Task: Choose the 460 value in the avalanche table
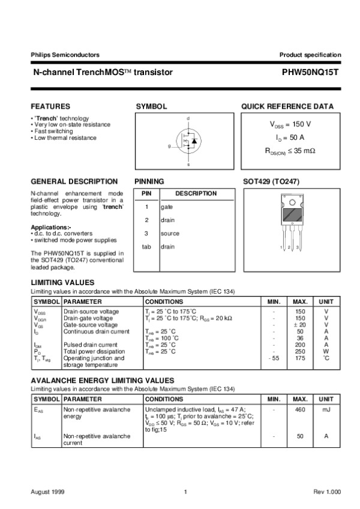[301, 409]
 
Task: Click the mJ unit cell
[326, 409]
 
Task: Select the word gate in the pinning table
[167, 206]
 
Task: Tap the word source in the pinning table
[170, 233]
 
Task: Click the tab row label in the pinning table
[146, 246]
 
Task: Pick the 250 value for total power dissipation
[301, 352]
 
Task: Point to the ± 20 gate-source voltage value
[300, 325]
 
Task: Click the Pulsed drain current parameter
[91, 345]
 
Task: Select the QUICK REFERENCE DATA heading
[287, 106]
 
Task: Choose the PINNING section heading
[149, 181]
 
